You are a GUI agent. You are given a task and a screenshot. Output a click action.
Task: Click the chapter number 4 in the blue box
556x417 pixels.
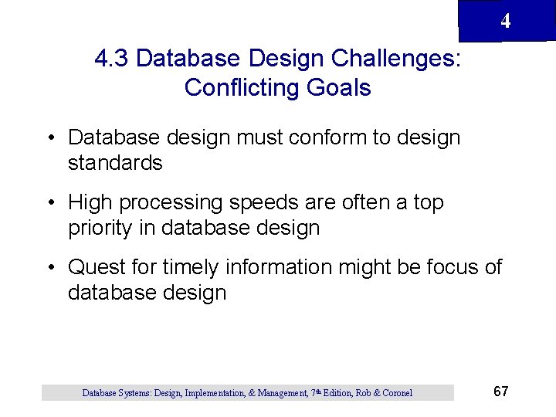[x=505, y=22]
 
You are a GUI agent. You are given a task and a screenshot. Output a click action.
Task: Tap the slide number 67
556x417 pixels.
[x=500, y=392]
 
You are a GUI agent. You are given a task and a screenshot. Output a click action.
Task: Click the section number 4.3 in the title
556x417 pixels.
[x=112, y=59]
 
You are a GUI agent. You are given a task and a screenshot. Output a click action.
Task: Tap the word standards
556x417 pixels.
[x=115, y=164]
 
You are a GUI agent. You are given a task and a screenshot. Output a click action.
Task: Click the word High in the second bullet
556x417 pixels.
[x=89, y=203]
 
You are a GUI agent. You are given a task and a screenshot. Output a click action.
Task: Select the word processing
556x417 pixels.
[x=175, y=203]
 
